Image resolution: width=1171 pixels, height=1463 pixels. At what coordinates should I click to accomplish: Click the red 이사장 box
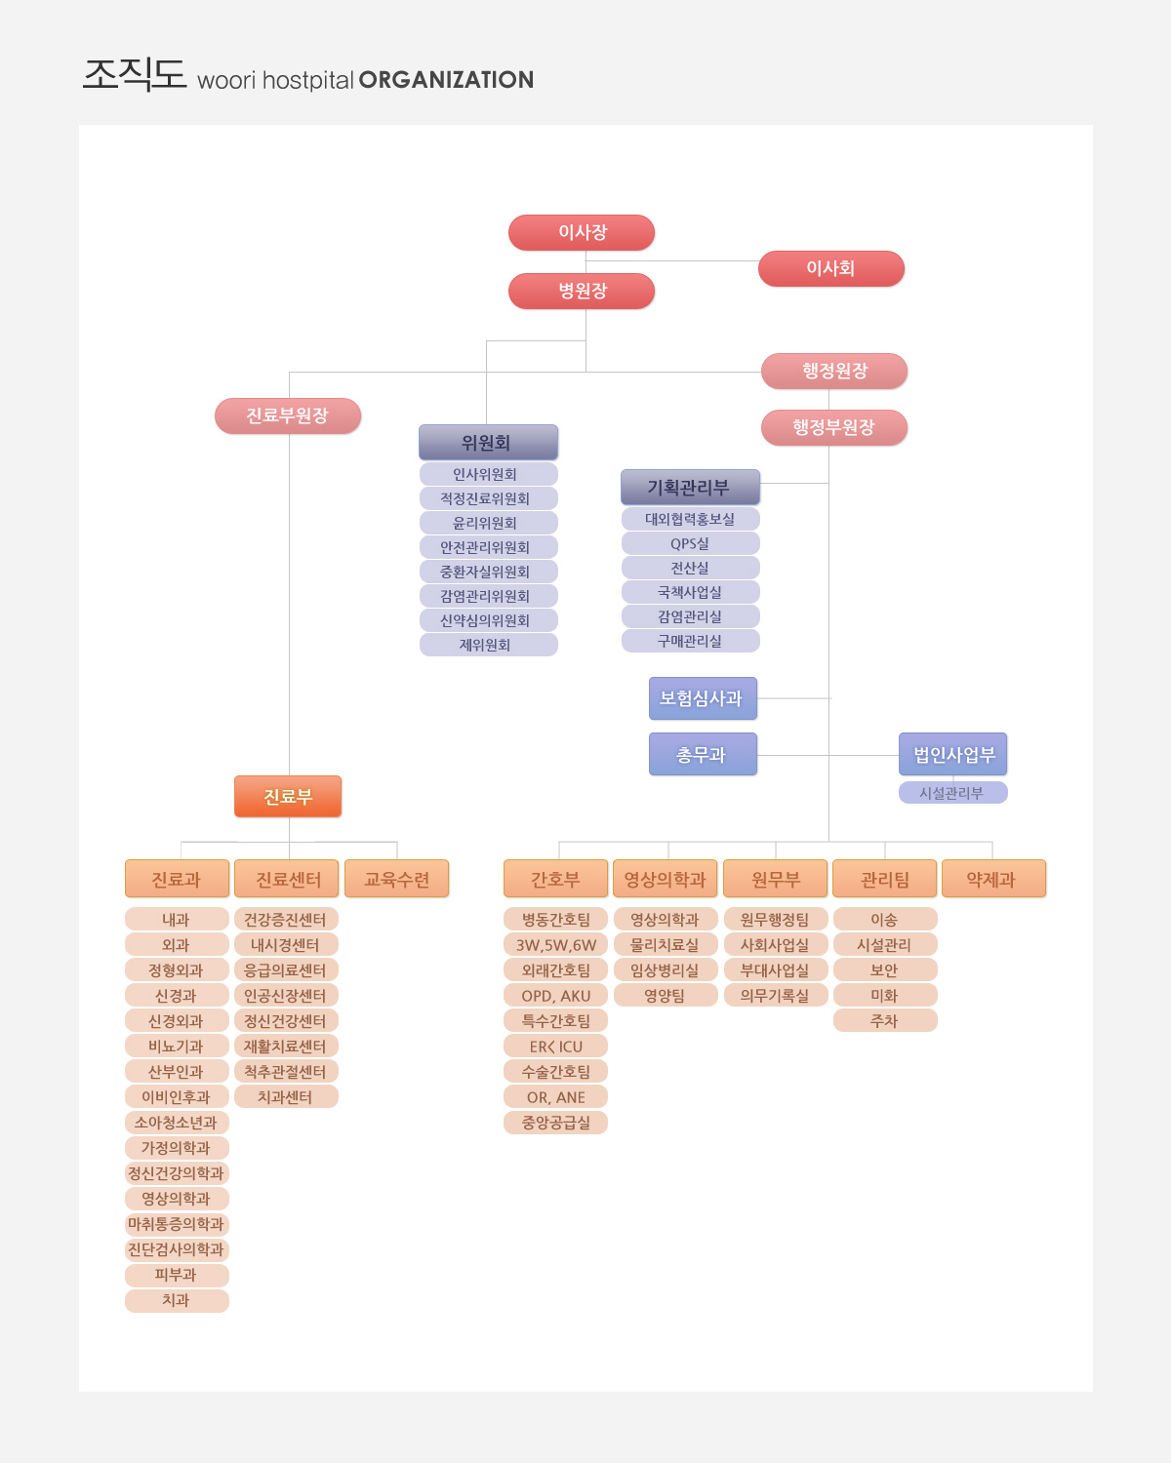click(582, 232)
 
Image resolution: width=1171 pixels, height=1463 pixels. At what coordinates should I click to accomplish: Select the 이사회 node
click(830, 268)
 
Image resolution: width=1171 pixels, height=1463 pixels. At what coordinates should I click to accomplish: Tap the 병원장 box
click(582, 291)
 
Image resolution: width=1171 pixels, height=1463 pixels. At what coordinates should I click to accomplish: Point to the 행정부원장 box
click(833, 427)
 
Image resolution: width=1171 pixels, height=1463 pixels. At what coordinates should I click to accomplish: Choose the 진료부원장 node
click(288, 416)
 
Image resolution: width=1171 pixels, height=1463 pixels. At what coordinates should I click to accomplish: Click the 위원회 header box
click(488, 443)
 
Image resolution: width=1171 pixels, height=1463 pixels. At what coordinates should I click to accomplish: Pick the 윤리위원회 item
click(489, 523)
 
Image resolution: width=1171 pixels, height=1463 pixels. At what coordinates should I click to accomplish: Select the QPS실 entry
click(691, 544)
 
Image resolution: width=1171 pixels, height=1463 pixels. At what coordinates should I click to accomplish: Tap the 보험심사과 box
click(703, 698)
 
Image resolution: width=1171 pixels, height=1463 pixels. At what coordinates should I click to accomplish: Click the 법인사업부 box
click(952, 754)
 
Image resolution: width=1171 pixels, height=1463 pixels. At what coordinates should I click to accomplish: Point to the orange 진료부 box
click(288, 796)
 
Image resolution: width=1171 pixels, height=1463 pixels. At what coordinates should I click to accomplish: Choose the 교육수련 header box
click(397, 879)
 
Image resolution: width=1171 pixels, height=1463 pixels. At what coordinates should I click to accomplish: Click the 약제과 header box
click(993, 879)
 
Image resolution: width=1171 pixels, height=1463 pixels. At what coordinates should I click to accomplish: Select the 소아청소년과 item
click(177, 1123)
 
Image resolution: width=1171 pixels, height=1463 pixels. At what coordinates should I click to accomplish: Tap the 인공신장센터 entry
click(286, 995)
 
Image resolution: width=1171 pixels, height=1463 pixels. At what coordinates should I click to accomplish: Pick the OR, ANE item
click(555, 1097)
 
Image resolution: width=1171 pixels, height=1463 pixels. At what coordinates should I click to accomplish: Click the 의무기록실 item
click(776, 995)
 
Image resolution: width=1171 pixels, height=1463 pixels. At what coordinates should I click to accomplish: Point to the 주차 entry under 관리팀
click(884, 1021)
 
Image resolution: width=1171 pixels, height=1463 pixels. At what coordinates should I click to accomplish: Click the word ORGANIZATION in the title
click(446, 80)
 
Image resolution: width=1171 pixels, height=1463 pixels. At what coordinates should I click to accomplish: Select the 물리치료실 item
click(666, 945)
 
